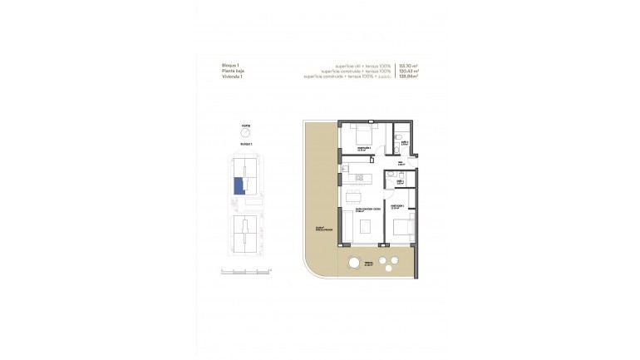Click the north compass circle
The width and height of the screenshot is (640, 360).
click(x=245, y=132)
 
